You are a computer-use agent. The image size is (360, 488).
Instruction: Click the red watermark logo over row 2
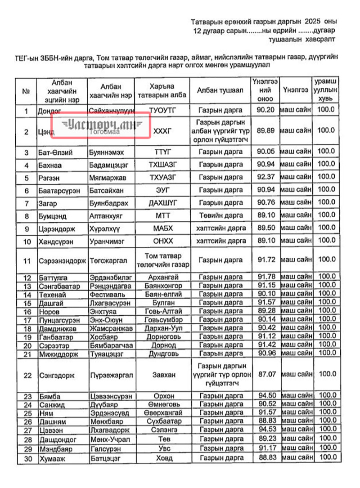101,125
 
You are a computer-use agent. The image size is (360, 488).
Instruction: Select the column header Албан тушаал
220,90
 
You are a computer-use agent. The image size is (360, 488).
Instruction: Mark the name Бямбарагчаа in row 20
110,345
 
